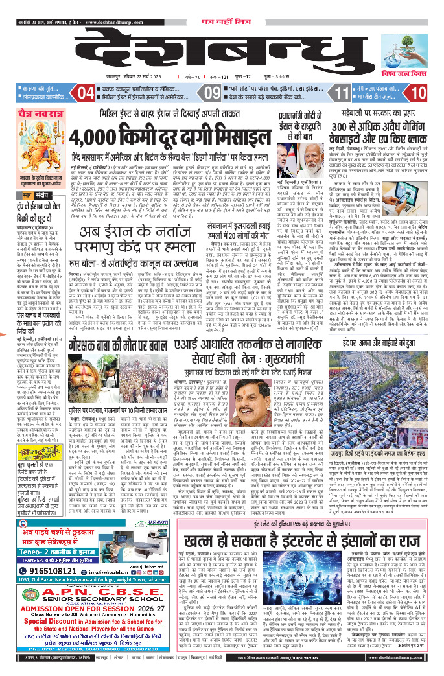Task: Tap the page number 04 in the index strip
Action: [86, 93]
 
